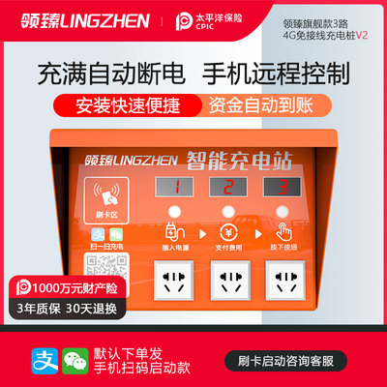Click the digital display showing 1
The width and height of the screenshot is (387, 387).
pos(175,185)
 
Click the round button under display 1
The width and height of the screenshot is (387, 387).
pos(175,211)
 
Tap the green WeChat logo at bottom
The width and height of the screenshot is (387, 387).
pos(67,362)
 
